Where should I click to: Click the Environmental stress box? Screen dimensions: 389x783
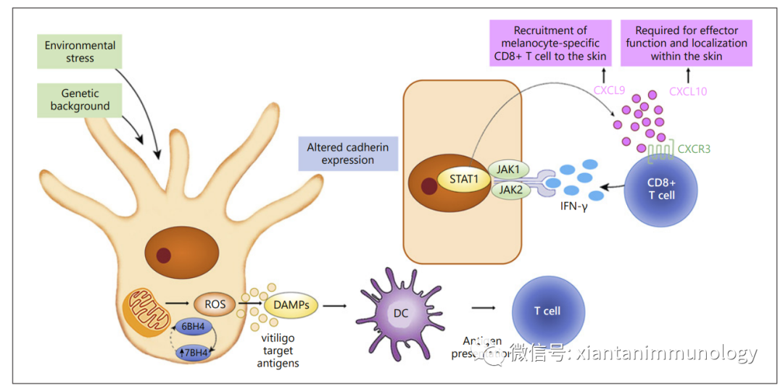(80, 52)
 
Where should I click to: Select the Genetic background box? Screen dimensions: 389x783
(80, 99)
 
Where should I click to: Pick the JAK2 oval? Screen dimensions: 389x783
(512, 191)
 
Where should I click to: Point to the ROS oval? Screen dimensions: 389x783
(214, 305)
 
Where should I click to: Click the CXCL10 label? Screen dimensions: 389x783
(688, 91)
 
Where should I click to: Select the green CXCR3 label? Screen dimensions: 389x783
(694, 149)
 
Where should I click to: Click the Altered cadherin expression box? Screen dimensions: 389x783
(347, 154)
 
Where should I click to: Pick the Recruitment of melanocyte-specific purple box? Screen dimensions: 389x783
(550, 43)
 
